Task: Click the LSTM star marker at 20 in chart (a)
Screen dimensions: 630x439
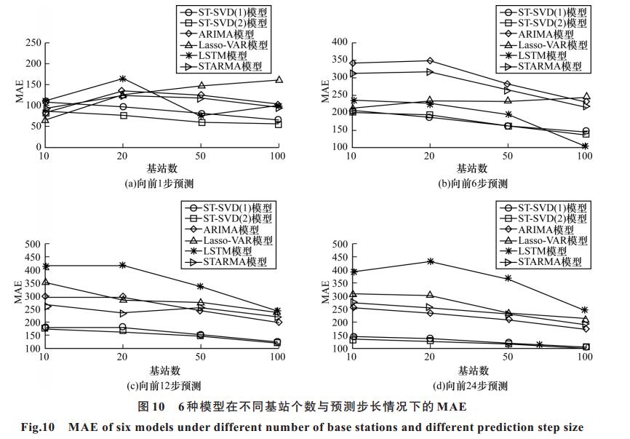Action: click(123, 79)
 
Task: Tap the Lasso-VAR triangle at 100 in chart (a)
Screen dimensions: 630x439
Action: click(279, 79)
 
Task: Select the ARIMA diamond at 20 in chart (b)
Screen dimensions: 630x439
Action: click(430, 60)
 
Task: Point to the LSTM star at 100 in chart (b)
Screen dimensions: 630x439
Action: click(586, 146)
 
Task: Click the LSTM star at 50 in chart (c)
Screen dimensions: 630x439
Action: click(200, 286)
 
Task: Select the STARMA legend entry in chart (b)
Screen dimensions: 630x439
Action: click(541, 66)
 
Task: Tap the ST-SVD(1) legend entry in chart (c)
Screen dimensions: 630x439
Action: click(228, 207)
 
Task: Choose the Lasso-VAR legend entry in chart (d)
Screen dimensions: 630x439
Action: click(543, 240)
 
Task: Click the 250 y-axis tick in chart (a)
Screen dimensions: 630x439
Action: click(33, 43)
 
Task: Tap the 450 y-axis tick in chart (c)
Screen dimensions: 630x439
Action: click(33, 257)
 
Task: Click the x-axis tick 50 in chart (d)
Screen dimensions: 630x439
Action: click(508, 357)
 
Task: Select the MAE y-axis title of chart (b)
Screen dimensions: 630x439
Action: click(325, 92)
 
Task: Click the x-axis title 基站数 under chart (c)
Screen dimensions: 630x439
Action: click(165, 371)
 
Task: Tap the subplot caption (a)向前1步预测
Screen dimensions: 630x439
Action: click(159, 183)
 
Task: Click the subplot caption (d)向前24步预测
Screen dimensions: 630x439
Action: click(470, 386)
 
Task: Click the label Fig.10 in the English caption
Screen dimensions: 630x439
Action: click(38, 427)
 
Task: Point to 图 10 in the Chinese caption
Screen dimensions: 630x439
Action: click(151, 407)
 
